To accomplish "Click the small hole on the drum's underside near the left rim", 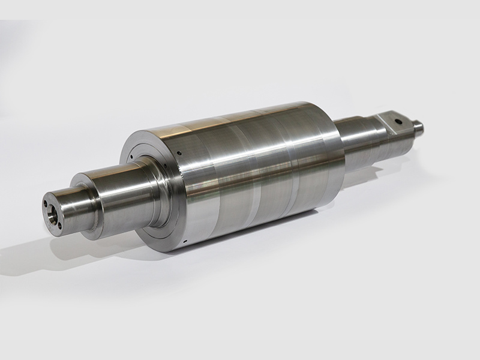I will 186,243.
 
